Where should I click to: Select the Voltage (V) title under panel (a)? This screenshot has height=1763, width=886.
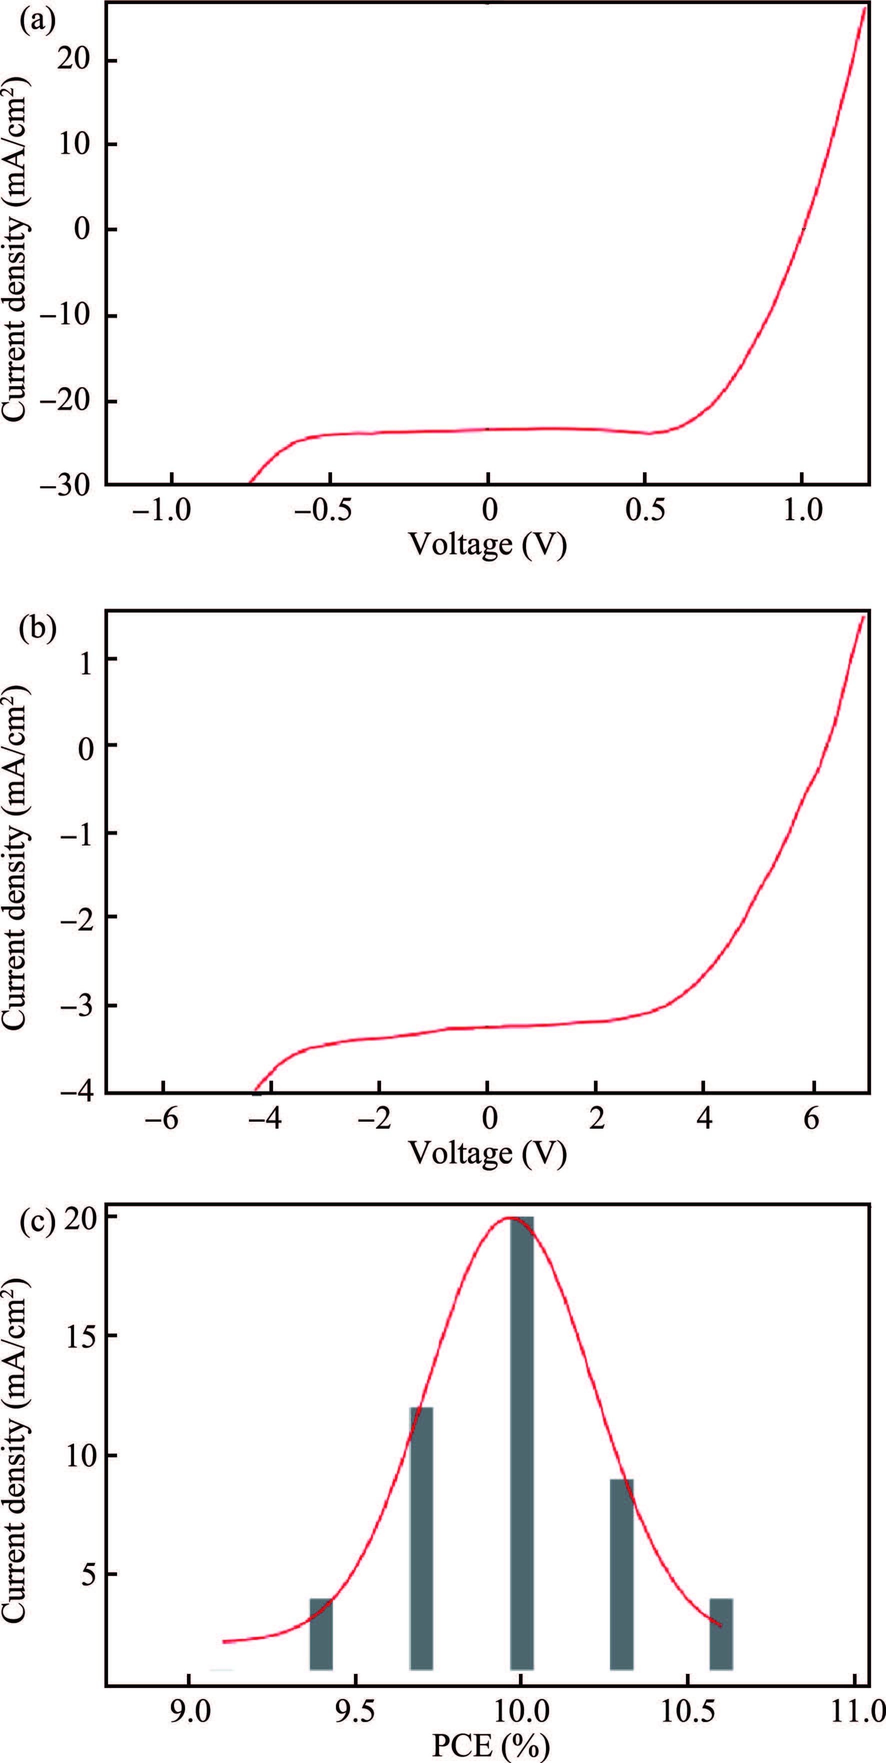(488, 544)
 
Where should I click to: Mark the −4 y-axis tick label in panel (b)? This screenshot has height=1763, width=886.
(78, 1093)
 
